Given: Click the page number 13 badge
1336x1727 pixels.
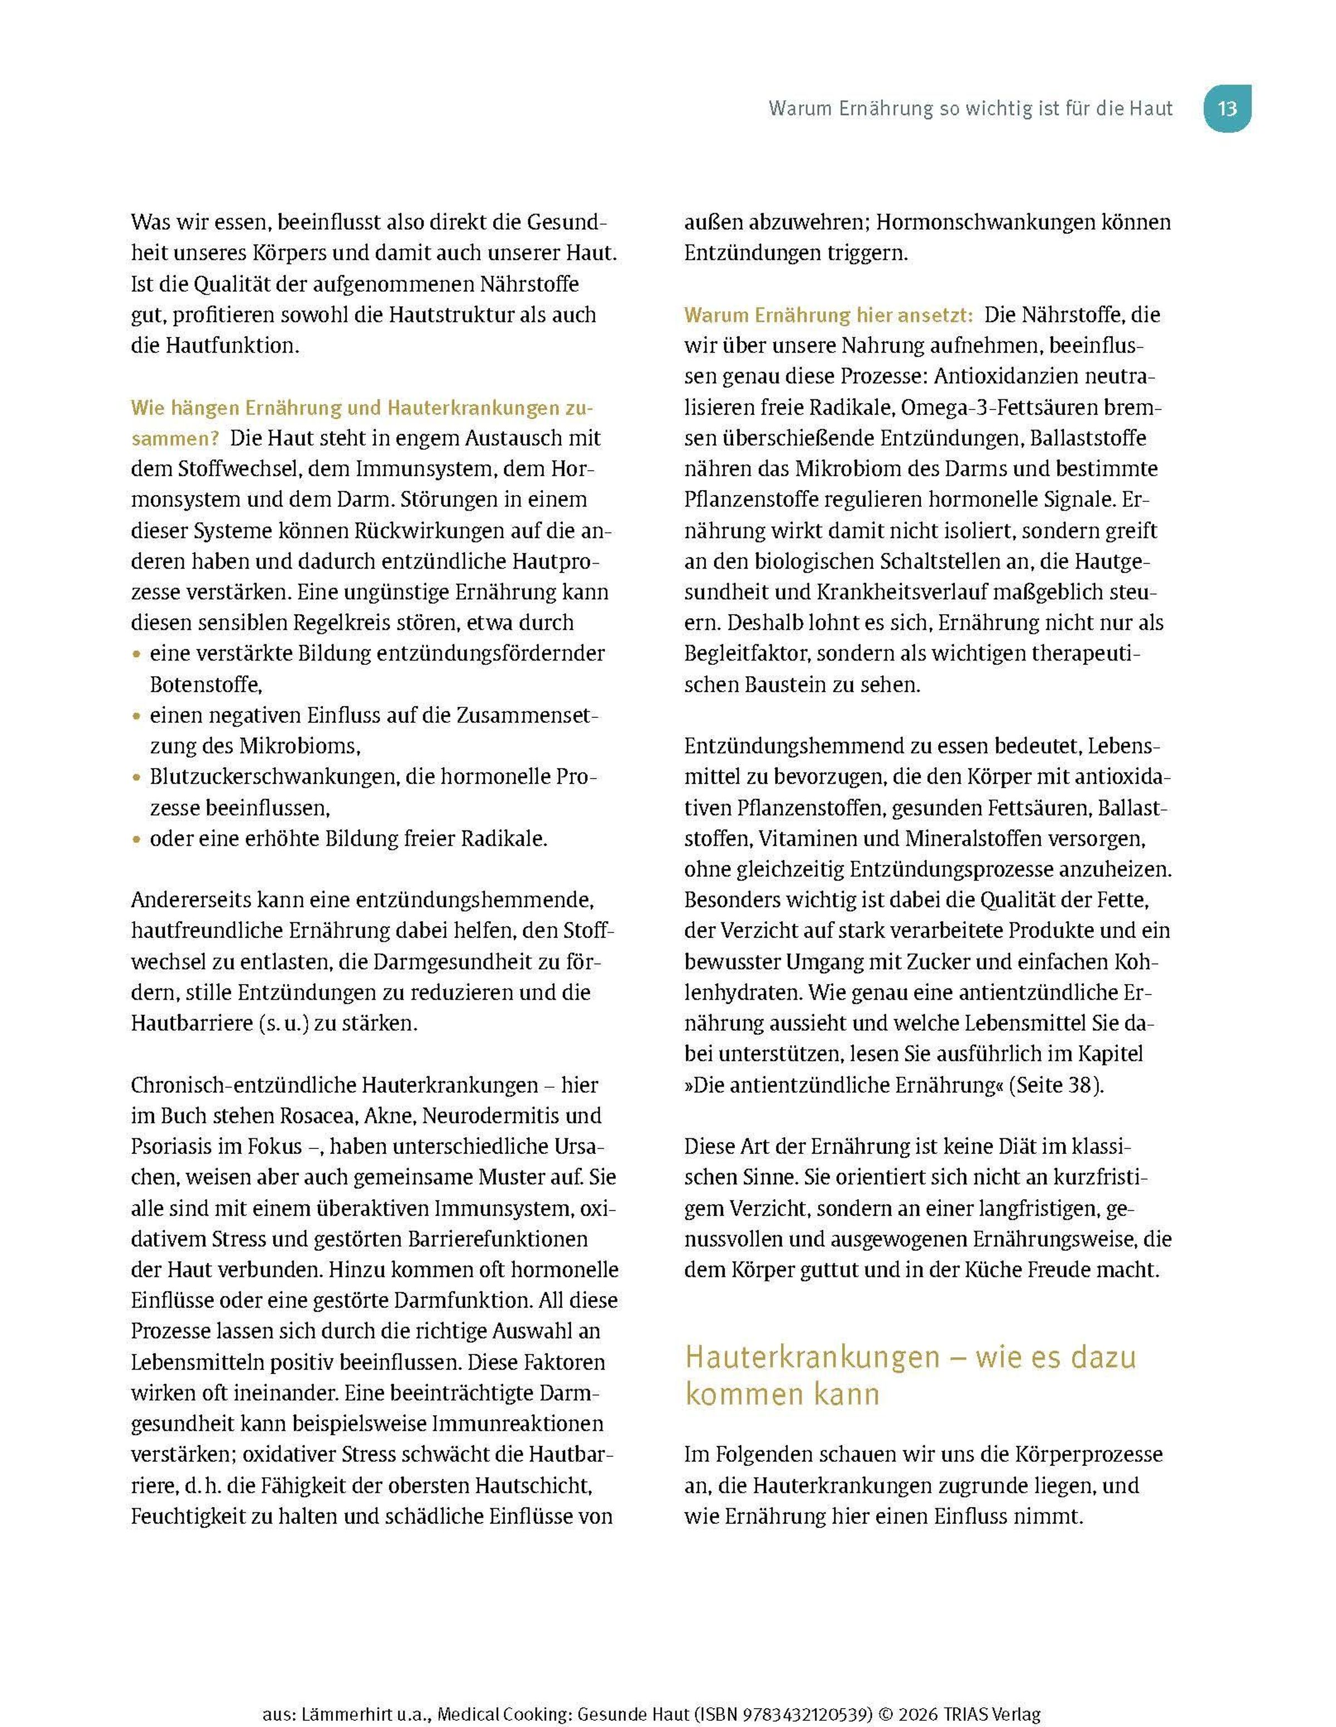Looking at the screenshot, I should point(1227,109).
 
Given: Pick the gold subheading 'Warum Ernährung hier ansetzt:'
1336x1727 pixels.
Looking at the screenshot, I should point(828,315).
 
